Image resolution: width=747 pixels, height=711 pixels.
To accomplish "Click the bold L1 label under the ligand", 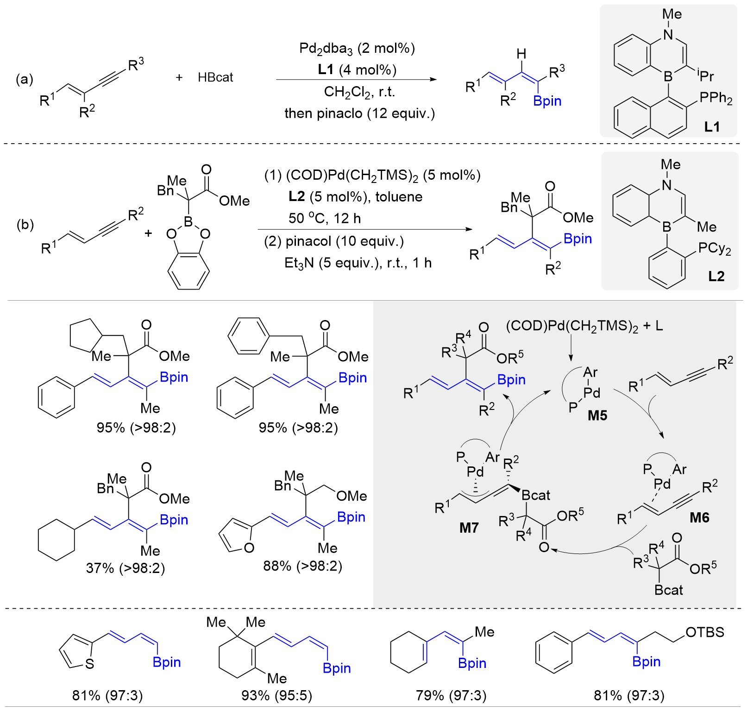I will coord(712,126).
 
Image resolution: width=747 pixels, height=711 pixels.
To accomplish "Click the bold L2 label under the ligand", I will coord(716,277).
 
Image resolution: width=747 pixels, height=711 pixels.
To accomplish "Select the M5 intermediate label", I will coord(597,415).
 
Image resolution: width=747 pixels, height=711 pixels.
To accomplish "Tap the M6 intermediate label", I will coord(699,517).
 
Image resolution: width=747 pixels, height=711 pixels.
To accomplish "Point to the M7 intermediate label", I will coord(469,528).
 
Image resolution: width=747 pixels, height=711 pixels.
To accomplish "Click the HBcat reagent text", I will coord(215,77).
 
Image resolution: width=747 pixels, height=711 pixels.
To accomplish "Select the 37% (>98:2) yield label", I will coord(126,568).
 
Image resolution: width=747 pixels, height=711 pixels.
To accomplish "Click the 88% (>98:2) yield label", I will coord(302,566).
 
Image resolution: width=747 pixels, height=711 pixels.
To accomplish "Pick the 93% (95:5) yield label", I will coord(276,695).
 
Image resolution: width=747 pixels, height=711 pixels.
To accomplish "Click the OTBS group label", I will coord(704,632).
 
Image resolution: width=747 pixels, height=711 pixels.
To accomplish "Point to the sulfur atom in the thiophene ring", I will coord(90,664).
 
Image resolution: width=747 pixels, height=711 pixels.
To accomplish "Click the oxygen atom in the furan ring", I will coord(249,548).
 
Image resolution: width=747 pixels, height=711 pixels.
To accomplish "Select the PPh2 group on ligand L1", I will coord(716,98).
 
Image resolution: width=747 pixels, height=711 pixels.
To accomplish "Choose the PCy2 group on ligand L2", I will coord(715,249).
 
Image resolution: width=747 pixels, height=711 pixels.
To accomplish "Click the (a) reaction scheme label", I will coord(25,79).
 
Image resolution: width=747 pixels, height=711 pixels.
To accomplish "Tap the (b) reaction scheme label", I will coord(25,225).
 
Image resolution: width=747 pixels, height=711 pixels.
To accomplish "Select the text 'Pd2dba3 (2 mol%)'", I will coord(357,48).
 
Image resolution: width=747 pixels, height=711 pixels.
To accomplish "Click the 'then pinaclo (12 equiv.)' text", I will coord(360,113).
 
